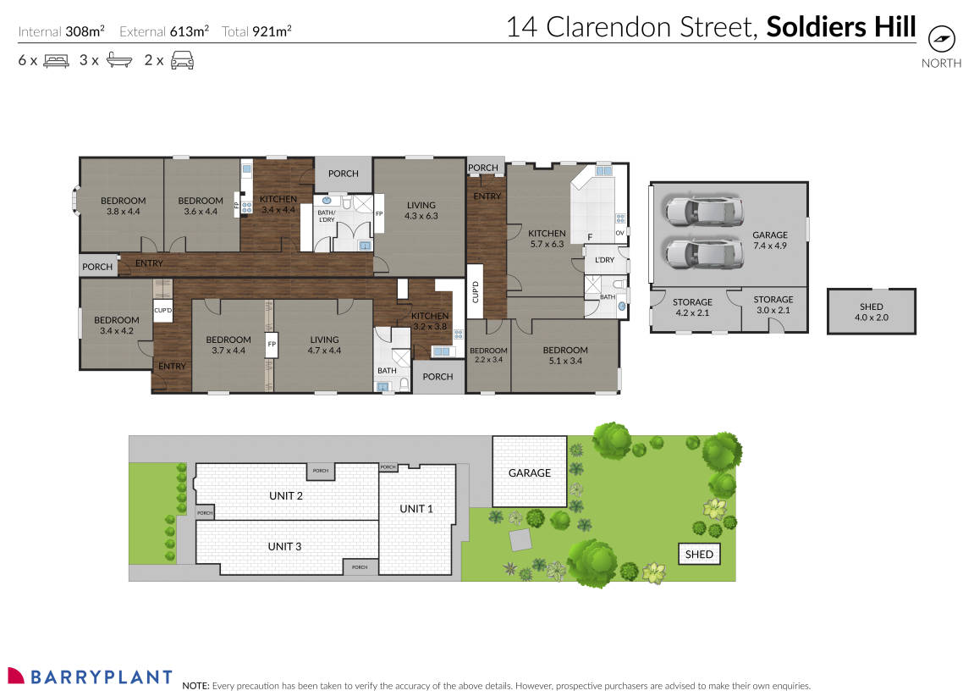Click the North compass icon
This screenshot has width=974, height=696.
tap(940, 39)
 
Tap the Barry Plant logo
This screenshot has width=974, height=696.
tap(89, 677)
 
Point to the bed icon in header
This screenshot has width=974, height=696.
tap(56, 60)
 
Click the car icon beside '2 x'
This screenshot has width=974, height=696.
tap(182, 60)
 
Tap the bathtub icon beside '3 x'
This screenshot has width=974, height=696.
tap(119, 60)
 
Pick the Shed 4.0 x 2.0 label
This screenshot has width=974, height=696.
tap(871, 312)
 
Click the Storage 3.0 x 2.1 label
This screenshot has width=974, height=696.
tap(773, 305)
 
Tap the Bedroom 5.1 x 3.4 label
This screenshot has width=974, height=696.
tap(564, 356)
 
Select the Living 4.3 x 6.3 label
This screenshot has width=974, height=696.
tap(421, 211)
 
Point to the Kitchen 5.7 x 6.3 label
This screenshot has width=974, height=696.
tap(547, 239)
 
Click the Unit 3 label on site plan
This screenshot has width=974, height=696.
tap(284, 546)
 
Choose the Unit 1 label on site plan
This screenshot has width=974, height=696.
tap(416, 509)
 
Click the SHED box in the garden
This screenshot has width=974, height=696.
tap(699, 555)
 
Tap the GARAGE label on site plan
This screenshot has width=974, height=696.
tap(530, 473)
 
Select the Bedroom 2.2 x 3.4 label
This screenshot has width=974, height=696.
tap(488, 356)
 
